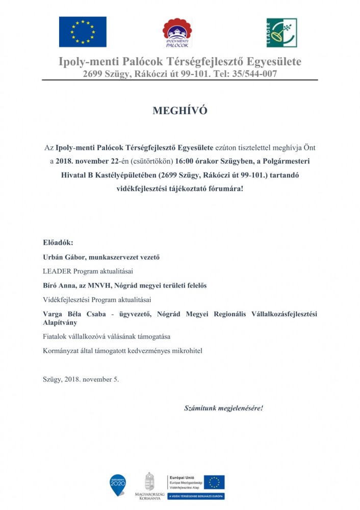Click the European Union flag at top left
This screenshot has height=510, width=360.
[83, 32]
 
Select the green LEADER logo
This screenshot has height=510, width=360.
[281, 33]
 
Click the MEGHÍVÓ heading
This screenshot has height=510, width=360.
[180, 111]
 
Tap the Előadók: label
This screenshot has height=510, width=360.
[58, 242]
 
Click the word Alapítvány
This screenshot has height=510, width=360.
[60, 323]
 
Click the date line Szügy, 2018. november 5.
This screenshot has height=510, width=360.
[81, 379]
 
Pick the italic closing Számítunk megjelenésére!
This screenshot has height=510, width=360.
[223, 409]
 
